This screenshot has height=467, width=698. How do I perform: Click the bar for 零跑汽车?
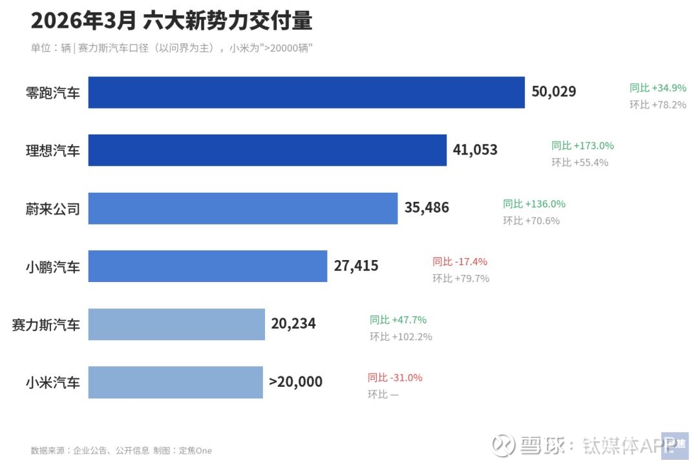tap(306, 92)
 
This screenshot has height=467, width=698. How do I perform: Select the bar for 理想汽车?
tap(267, 150)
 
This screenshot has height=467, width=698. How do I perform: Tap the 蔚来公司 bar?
tap(242, 208)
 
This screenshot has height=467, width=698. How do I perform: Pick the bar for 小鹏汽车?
tap(207, 266)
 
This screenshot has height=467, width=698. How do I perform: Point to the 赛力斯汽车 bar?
tap(176, 324)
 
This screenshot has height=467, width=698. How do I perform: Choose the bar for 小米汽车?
tap(175, 382)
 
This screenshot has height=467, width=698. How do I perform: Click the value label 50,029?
tap(554, 92)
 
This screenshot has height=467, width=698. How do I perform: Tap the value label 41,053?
tap(475, 150)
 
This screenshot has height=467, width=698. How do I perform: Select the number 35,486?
tap(427, 208)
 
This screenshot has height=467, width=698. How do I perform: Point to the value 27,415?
tap(356, 266)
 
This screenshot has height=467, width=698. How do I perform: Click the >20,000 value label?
tap(295, 382)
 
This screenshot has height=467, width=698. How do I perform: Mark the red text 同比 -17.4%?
tap(460, 262)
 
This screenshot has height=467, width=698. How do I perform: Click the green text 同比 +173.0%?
tap(582, 146)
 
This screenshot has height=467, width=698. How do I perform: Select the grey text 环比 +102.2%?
tap(401, 337)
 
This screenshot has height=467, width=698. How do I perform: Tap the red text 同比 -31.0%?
tap(395, 378)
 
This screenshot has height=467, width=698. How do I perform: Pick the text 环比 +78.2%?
tap(658, 105)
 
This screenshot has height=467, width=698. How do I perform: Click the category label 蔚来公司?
tap(52, 209)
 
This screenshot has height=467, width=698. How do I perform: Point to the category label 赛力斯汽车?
tap(46, 325)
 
